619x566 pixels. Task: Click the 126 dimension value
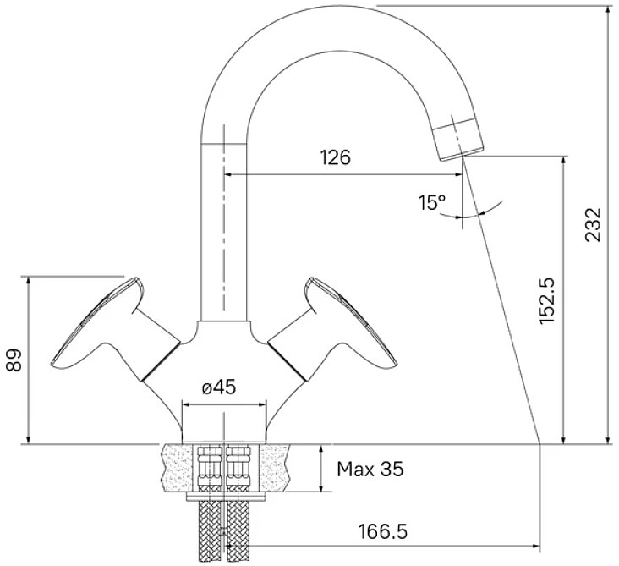point(335,157)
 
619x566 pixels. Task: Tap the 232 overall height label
point(594,224)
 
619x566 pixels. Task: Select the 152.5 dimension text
point(547,301)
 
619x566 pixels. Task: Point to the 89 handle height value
point(14,360)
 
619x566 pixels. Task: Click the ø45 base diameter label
point(219,387)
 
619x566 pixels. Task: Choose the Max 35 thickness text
point(370,470)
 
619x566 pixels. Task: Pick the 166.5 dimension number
point(382,531)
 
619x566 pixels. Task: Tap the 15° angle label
point(432,202)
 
